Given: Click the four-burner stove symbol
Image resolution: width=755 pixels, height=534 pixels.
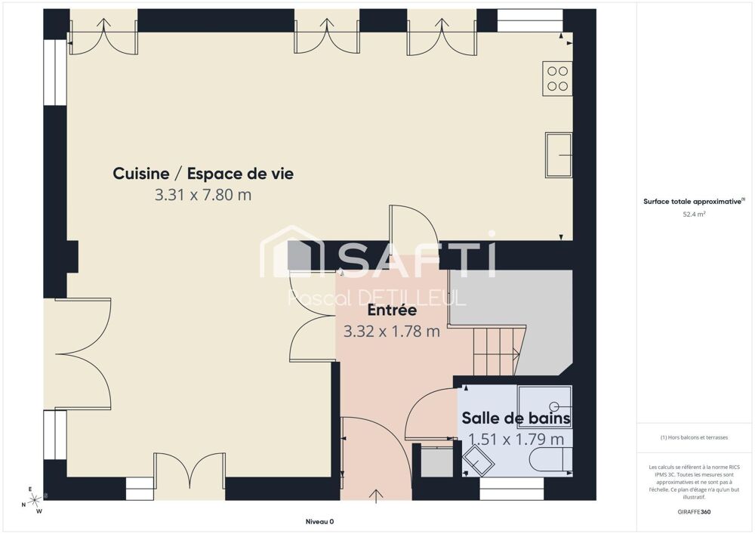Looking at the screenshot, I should click(557, 79).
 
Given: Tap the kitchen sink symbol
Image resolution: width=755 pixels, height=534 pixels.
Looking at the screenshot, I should click(559, 155).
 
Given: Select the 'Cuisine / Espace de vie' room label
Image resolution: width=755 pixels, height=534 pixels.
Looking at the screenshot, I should click(203, 174).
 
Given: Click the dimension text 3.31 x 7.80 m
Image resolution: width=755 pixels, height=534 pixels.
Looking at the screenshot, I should click(203, 195).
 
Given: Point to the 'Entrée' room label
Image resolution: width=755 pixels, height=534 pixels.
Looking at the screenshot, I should click(392, 310).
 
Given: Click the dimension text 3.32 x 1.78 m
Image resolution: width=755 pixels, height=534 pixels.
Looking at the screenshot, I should click(392, 331).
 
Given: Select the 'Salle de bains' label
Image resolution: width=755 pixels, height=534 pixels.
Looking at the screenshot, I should click(516, 418).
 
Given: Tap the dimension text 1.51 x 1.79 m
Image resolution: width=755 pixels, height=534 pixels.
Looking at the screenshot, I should click(516, 439).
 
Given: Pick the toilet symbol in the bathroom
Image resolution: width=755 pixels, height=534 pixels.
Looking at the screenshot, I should click(550, 460).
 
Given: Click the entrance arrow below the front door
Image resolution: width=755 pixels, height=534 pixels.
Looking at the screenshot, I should click(377, 495).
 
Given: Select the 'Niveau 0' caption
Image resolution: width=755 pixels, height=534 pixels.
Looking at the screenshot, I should click(319, 521).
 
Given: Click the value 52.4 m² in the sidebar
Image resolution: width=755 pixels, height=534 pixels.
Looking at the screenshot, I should click(694, 214).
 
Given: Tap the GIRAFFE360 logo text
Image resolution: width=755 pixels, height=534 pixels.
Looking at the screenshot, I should click(694, 512).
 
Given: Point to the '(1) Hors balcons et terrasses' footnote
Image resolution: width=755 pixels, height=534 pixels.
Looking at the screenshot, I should click(694, 437).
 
